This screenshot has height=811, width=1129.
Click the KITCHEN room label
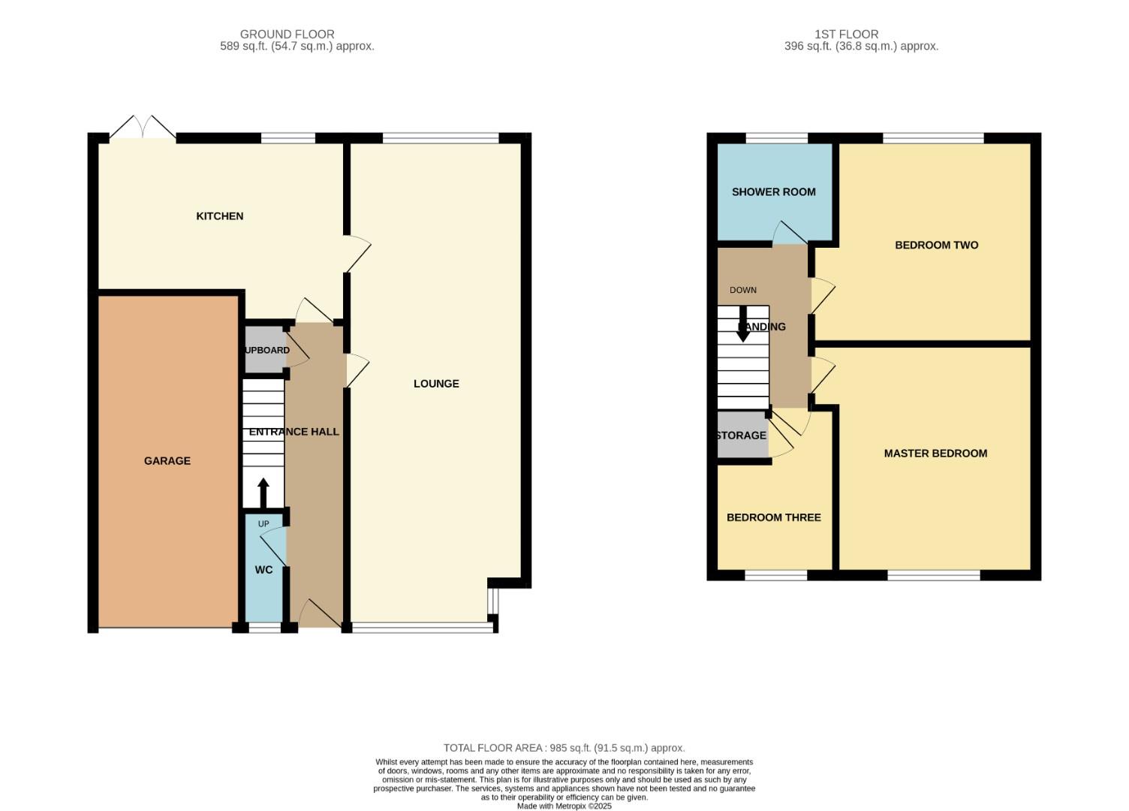(x=219, y=216)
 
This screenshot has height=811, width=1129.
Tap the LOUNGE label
(x=436, y=384)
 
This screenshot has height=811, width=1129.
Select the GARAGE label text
(x=167, y=461)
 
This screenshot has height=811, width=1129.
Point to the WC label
(x=263, y=570)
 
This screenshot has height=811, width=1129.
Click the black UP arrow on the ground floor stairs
(x=263, y=493)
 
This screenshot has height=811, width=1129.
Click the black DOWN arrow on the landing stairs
(x=742, y=324)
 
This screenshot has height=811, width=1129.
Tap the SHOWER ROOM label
(x=773, y=192)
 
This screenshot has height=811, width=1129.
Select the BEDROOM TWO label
(x=936, y=245)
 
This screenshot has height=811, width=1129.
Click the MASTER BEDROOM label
(x=935, y=454)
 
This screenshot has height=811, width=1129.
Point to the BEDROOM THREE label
(x=773, y=517)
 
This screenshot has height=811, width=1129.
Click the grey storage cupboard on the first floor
(x=742, y=436)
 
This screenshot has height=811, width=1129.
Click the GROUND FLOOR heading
(x=287, y=34)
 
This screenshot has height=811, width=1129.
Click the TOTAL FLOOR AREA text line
(x=564, y=748)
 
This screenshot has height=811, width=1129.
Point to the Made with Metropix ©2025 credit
(x=564, y=806)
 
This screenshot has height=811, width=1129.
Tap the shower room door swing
(x=788, y=234)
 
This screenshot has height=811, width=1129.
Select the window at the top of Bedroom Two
(x=933, y=138)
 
